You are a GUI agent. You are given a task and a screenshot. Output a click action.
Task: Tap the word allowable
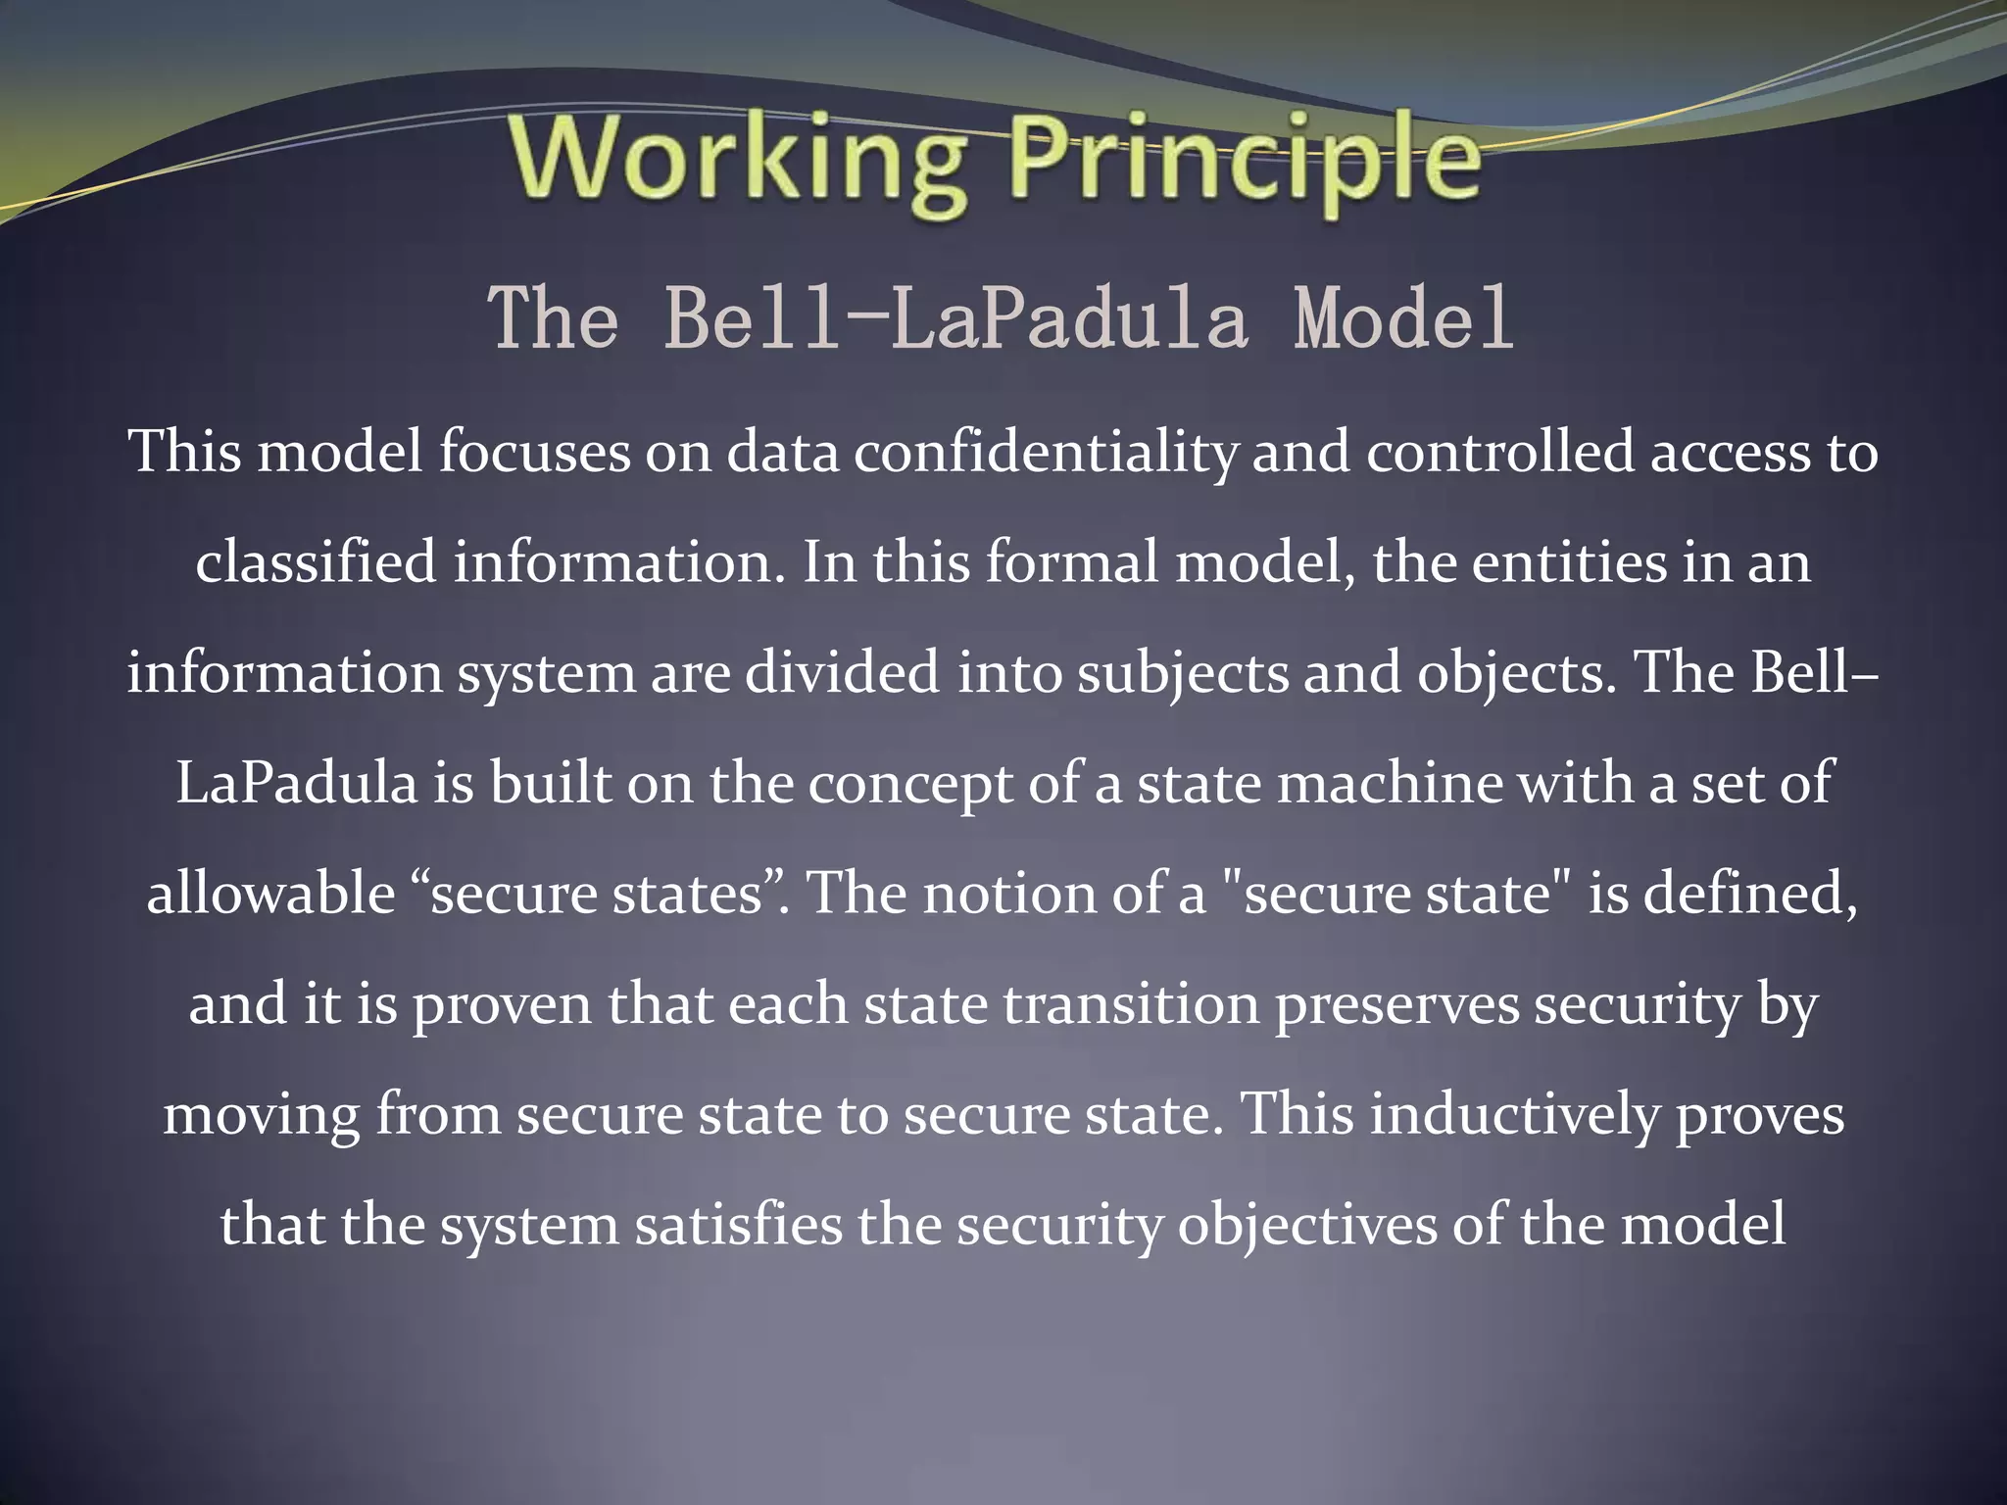270,895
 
